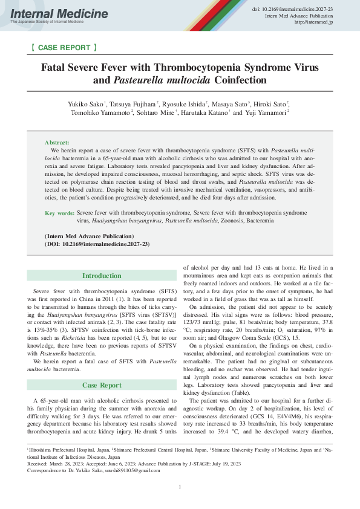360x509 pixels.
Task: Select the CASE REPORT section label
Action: coord(63,47)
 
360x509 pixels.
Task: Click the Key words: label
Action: coord(60,213)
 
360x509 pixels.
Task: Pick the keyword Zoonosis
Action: coord(233,221)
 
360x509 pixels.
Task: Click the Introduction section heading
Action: coord(102,276)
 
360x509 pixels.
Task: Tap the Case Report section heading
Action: coord(102,368)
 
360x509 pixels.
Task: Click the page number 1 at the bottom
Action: coord(180,487)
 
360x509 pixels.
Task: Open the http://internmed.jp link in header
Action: coord(315,22)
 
